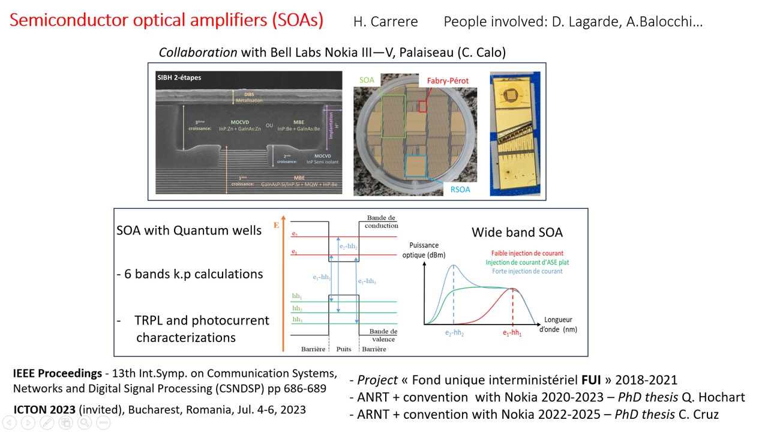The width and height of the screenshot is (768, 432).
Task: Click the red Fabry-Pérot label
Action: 448,81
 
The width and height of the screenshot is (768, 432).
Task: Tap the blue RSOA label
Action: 460,190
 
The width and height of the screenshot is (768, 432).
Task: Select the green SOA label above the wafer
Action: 367,80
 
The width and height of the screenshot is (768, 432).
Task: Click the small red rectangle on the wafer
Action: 423,107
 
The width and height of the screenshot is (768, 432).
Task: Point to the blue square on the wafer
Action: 416,166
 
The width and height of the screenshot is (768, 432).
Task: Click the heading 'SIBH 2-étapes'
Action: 179,78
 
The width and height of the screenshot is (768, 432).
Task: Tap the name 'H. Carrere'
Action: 385,22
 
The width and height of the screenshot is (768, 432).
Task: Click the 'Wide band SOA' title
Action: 517,232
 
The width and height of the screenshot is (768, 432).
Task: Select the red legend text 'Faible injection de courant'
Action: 527,253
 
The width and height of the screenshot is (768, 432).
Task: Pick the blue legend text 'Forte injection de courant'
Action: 527,271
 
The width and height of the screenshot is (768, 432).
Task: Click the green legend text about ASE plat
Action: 527,262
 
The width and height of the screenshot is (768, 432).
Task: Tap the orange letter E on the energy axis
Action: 277,226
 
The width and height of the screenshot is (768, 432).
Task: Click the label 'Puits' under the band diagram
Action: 344,349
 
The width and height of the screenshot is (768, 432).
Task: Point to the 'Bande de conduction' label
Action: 382,222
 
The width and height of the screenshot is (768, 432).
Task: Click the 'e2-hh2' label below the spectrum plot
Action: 454,334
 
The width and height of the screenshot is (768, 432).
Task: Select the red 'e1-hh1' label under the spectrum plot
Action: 512,334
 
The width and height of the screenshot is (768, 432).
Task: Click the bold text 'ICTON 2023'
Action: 44,410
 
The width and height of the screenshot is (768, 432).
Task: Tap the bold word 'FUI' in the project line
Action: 591,380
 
